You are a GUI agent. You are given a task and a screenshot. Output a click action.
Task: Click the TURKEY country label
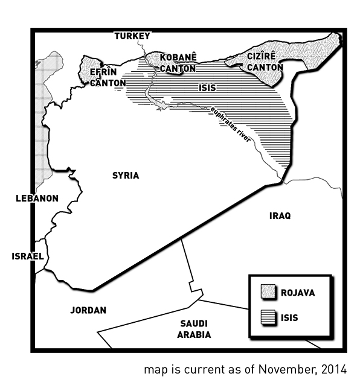coord(132,36)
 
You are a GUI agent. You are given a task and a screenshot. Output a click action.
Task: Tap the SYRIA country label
coord(126,176)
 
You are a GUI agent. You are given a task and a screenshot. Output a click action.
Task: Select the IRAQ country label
coord(280,216)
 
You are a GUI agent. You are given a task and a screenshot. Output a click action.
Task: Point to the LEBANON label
coord(37,198)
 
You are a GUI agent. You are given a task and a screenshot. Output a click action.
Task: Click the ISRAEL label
coord(28,256)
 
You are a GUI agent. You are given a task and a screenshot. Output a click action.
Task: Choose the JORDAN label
coord(88,310)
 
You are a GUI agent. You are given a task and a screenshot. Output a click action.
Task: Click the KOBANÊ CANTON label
coord(178,63)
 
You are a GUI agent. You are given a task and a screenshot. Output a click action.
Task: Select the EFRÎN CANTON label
coord(108,77)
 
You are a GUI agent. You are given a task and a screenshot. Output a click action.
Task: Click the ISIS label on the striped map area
coord(207,87)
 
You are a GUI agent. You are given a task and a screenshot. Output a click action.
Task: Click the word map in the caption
coord(154,369)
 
